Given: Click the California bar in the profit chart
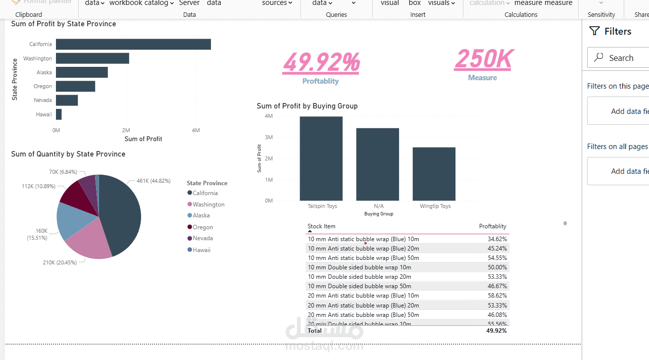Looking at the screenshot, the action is pos(133,44).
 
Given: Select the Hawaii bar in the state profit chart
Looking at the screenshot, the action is pos(59,114).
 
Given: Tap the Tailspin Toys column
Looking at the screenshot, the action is pos(321,158).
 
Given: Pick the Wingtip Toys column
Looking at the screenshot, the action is pos(434,174).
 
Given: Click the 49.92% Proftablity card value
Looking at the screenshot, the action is pos(321,62).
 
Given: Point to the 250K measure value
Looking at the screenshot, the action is pos(483,59).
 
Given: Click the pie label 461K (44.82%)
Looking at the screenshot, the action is pos(153,181).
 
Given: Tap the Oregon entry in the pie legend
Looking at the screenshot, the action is pos(203,227).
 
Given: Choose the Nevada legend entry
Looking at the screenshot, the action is pos(202,238).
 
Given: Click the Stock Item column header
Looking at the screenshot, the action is pos(321,226).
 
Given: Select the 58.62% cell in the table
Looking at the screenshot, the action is pos(497,296).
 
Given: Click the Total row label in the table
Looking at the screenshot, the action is pos(315,331).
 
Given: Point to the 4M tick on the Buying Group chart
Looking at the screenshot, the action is pos(269,116).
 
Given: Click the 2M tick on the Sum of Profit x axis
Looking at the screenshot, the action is pos(126,130).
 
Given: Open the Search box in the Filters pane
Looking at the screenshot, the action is pos(621,58).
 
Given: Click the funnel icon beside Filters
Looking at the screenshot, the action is pos(595,31).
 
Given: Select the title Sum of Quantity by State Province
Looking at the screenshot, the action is pos(68,154).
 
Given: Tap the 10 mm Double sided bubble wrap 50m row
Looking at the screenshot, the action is pos(359,286).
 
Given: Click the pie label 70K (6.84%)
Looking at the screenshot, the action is pos(63,172).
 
